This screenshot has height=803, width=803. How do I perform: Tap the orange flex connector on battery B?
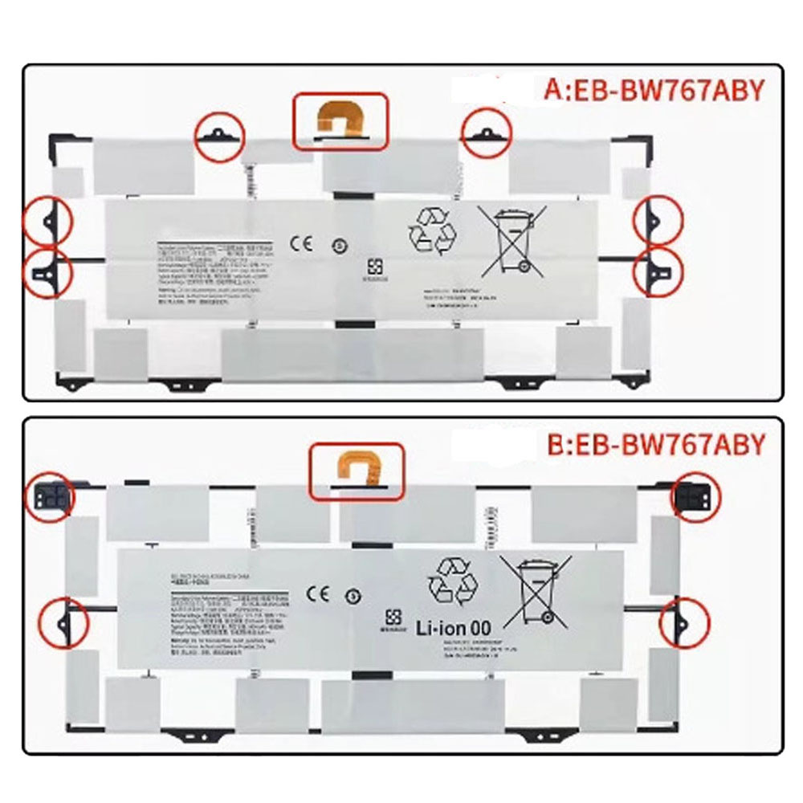(353, 469)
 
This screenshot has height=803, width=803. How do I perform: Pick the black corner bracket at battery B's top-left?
(47, 498)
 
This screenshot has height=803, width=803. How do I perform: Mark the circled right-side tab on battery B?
(683, 622)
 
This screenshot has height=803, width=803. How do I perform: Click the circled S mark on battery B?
(352, 596)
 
